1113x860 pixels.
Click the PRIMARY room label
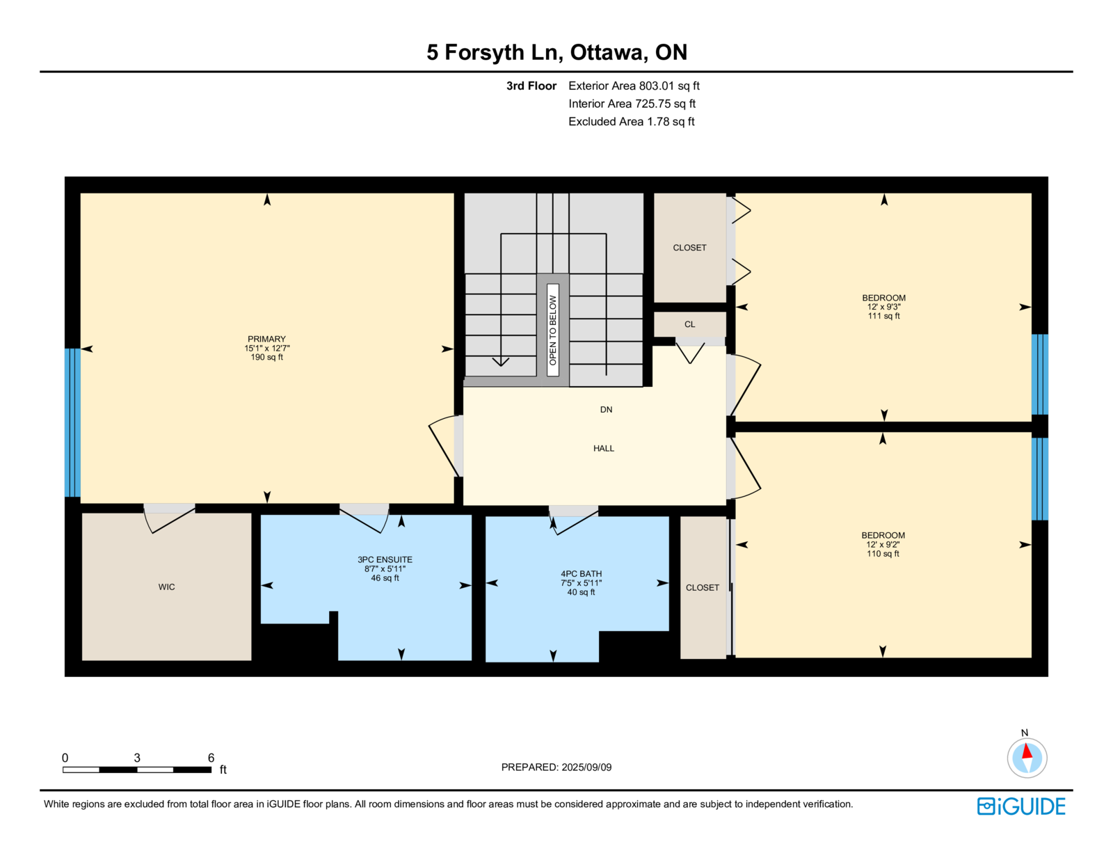(266, 339)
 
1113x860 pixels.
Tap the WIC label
(166, 587)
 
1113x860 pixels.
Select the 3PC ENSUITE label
(385, 560)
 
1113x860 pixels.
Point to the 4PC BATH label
(581, 573)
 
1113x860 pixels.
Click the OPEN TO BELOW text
(552, 331)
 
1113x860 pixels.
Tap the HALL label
(603, 448)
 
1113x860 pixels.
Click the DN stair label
(606, 409)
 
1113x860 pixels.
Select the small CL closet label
(689, 324)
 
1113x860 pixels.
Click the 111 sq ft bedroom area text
(883, 316)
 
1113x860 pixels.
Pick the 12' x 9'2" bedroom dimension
(883, 545)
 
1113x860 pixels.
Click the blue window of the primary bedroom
(72, 422)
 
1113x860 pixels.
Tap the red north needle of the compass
(1027, 751)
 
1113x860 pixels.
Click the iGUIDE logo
(1020, 806)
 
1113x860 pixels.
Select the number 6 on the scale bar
(211, 758)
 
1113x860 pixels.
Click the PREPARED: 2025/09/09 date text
(556, 767)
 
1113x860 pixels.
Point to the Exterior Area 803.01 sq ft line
(634, 86)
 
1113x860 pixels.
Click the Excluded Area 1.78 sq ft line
(631, 121)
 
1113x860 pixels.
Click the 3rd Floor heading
(531, 86)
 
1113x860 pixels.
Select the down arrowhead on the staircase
(500, 362)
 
